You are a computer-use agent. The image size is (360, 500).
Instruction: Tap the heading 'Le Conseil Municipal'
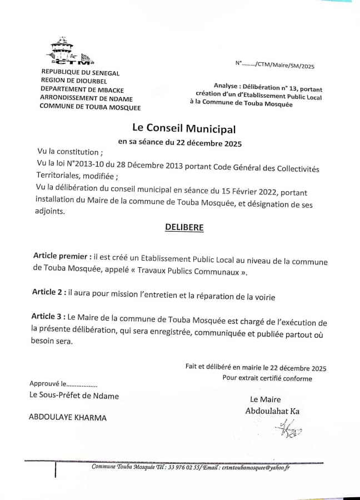(184, 129)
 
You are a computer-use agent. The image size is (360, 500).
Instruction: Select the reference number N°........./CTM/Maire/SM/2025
(274, 65)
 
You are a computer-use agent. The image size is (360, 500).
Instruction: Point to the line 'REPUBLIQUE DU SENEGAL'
(81, 73)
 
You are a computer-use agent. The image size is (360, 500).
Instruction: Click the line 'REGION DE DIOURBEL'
(76, 81)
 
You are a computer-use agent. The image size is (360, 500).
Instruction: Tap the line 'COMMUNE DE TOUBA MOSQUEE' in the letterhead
(90, 107)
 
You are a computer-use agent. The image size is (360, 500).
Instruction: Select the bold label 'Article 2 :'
(48, 292)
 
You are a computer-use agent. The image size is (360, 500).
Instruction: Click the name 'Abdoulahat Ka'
(272, 411)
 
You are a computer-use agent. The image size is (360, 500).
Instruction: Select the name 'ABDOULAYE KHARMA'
(68, 418)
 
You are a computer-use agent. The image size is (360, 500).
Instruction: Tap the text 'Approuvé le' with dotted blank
(63, 383)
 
